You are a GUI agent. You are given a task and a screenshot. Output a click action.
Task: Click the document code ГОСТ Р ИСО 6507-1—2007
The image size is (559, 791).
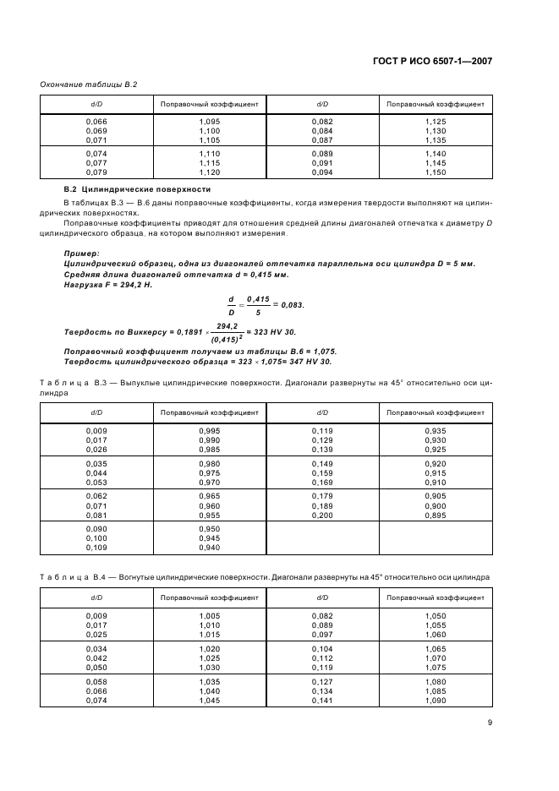tap(432, 61)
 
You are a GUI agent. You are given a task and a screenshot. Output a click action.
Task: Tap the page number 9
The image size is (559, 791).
tap(490, 722)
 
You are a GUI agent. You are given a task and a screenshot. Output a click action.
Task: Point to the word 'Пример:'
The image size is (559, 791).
tap(81, 253)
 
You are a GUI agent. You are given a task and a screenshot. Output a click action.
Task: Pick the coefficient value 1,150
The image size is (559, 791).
tap(435, 172)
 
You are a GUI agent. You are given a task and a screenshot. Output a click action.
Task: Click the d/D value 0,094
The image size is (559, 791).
tap(322, 172)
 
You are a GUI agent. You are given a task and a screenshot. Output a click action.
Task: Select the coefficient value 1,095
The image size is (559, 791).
tap(209, 122)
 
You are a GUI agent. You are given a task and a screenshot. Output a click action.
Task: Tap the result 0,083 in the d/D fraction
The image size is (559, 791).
tap(290, 304)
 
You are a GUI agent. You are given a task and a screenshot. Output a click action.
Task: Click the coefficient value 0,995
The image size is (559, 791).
tap(209, 431)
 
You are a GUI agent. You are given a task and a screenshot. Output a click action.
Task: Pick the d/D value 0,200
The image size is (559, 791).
tap(322, 515)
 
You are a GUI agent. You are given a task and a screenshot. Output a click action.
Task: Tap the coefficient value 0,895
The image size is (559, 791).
tap(435, 515)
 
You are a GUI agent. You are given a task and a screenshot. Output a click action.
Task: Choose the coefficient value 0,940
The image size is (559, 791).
tap(209, 548)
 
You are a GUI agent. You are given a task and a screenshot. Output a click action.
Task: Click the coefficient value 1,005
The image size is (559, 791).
tap(209, 616)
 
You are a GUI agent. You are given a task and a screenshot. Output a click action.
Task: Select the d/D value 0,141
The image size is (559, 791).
tap(322, 700)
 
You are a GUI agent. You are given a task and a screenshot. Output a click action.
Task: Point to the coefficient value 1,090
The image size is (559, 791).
tap(435, 700)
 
